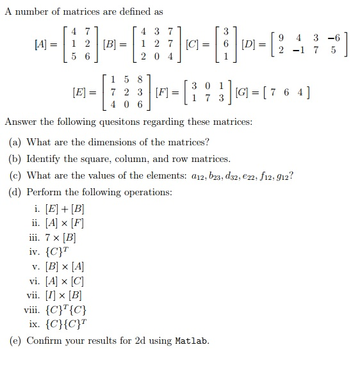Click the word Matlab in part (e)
[192, 341]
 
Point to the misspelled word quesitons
[110, 122]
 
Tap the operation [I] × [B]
[63, 295]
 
